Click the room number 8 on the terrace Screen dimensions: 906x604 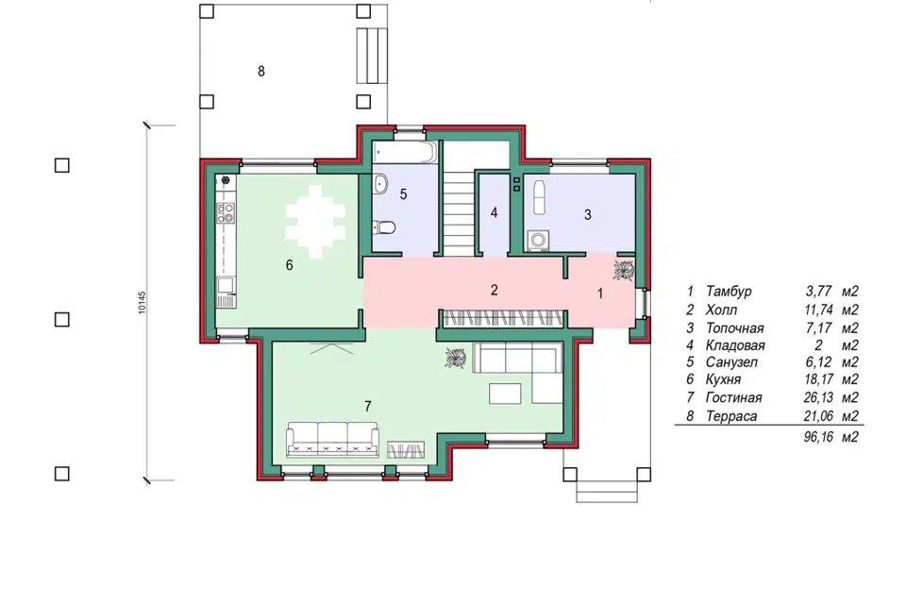[261, 71]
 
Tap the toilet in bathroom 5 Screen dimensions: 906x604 [384, 227]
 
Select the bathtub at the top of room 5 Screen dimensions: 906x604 [404, 152]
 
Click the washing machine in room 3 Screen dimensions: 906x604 [537, 241]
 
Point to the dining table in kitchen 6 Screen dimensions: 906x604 [314, 222]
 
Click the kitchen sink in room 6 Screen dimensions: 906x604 [226, 286]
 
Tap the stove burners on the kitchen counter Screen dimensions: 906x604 [226, 212]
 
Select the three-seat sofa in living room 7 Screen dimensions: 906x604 [333, 439]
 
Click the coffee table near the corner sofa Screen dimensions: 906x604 [505, 394]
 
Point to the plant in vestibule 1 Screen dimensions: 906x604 [624, 270]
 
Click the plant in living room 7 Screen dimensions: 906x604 [456, 358]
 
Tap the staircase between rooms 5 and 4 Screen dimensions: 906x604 [460, 211]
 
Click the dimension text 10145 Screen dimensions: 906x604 [143, 302]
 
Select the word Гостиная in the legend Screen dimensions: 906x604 [733, 397]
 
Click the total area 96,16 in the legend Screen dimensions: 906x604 [818, 437]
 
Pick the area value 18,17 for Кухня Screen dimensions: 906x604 [818, 379]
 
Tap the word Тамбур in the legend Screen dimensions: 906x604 [728, 292]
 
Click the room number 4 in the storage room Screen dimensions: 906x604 [494, 212]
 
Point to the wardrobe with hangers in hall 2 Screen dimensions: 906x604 [502, 318]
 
